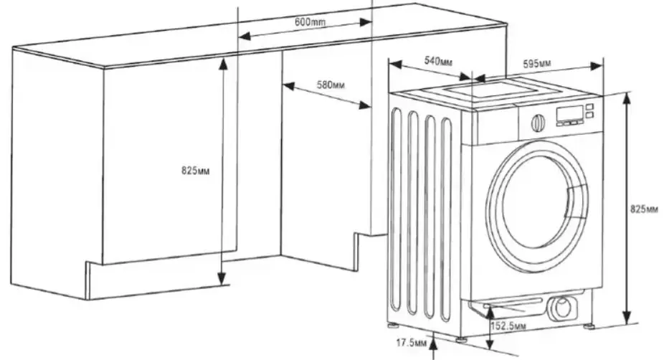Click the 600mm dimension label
point(310,22)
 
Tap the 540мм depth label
point(438,62)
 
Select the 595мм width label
point(537,64)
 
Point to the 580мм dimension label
point(331,85)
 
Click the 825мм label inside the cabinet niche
point(196,171)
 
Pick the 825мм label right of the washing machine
point(644,209)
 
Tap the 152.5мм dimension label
point(508,326)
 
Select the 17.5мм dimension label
point(412,343)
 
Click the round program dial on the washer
point(538,123)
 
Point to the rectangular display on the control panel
point(569,113)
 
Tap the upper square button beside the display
point(589,107)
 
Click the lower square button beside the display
point(589,115)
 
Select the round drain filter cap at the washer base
point(562,307)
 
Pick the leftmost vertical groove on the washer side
point(397,209)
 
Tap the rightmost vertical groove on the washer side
point(446,219)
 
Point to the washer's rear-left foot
point(392,326)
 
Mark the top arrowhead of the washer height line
point(626,99)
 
